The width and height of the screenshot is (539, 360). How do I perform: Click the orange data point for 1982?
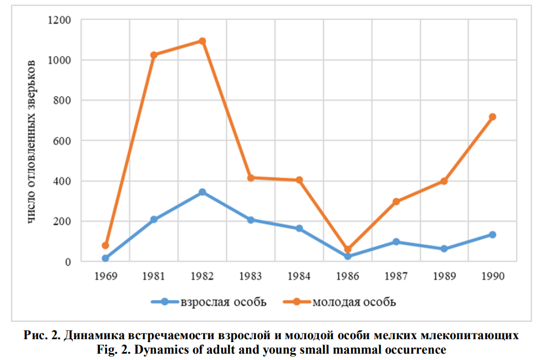202,41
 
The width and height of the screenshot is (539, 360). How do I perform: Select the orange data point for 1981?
154,55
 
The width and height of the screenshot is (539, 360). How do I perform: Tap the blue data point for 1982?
202,192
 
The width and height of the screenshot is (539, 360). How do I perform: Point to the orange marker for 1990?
493,117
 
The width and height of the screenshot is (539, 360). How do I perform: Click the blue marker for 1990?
493,235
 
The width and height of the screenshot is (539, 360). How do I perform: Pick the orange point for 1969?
106,246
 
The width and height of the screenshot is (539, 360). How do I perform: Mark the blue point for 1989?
444,249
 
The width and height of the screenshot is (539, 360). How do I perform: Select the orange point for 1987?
396,202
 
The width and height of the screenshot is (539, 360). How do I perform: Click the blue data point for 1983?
251,220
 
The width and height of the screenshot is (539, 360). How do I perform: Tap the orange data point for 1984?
299,180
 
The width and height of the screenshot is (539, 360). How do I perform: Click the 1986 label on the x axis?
347,276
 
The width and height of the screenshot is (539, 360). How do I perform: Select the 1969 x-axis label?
106,276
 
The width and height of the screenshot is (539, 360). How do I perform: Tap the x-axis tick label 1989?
444,276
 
